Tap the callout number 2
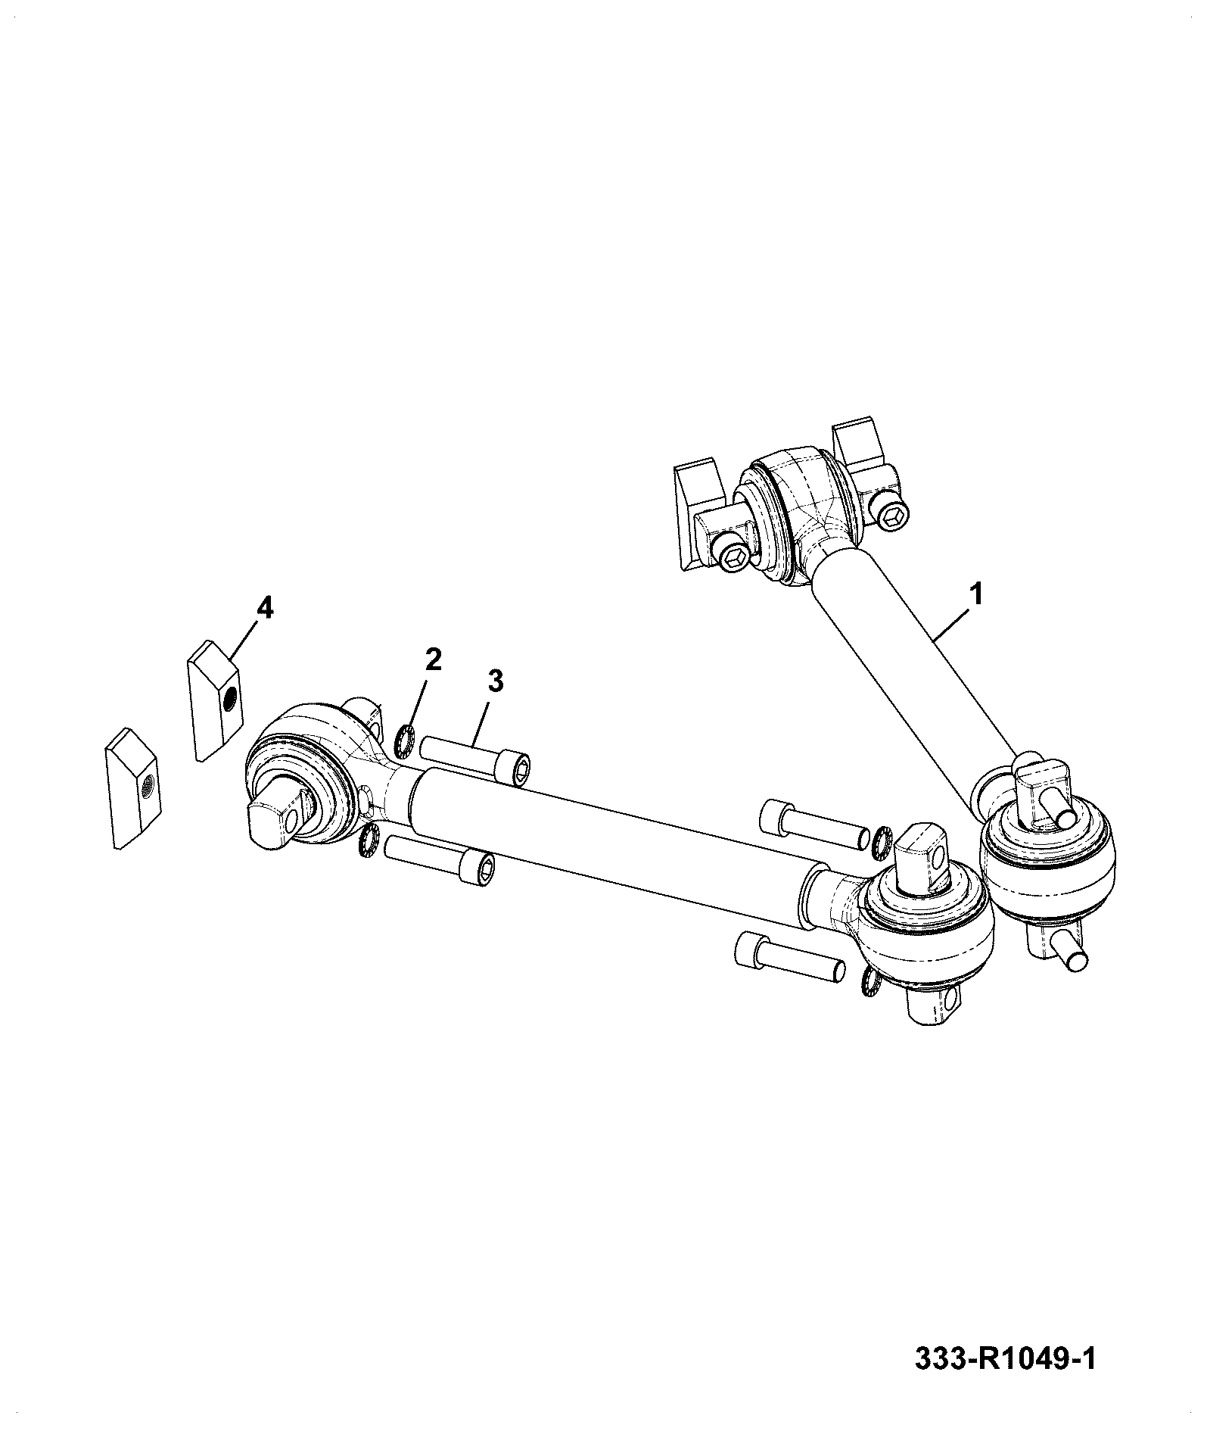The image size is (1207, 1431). click(432, 659)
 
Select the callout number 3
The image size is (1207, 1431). click(494, 681)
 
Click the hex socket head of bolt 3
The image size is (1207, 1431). click(513, 770)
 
